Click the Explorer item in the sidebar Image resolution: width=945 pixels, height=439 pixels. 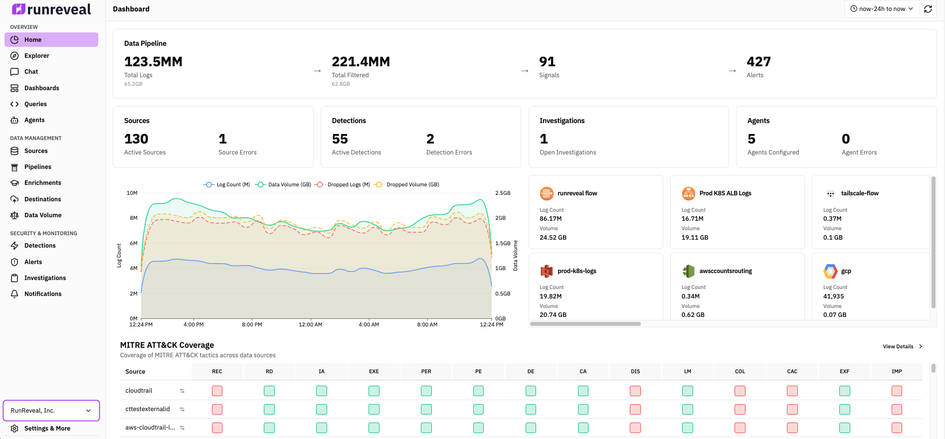(36, 56)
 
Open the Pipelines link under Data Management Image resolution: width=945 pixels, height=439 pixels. (37, 167)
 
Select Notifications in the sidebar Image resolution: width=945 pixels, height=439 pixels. (43, 294)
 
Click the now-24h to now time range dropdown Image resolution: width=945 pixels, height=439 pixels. (881, 9)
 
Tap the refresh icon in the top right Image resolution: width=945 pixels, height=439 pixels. (928, 9)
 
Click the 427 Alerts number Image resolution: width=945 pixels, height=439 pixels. (758, 62)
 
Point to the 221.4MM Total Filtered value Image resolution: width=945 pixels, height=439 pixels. (361, 62)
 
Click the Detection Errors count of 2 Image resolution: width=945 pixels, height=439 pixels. (430, 139)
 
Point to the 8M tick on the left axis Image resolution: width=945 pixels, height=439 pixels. (133, 218)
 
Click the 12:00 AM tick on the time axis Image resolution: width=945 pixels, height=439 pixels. (310, 324)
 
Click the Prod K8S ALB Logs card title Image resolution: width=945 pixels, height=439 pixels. (725, 193)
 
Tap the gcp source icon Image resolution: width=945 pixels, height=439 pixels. (830, 271)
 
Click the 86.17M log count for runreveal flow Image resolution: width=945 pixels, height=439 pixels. (551, 219)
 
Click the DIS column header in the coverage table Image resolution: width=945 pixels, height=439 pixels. (635, 371)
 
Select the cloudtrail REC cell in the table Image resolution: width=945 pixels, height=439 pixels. (217, 391)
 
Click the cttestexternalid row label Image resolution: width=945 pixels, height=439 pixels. (148, 409)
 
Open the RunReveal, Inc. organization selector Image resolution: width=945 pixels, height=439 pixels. (51, 411)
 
